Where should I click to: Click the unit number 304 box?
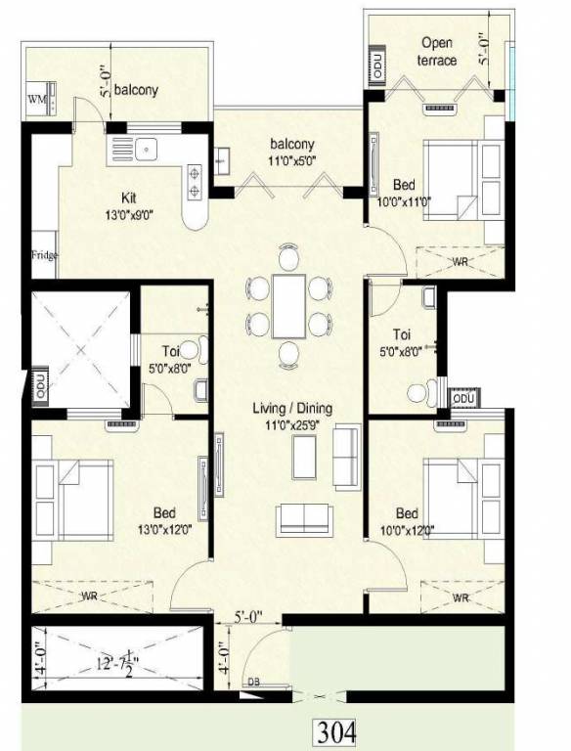(335, 730)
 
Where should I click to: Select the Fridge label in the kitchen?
(44, 256)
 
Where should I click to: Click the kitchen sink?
(143, 150)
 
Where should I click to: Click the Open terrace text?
(437, 52)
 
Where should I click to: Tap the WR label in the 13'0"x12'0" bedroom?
(89, 595)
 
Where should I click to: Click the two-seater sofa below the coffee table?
(304, 519)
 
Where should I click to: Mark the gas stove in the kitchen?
(196, 181)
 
